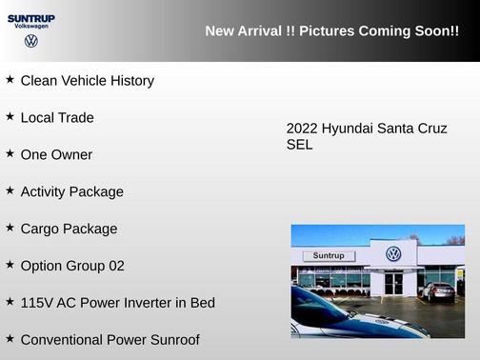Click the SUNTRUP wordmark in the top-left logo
pos(31,17)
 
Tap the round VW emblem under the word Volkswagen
pos(31,42)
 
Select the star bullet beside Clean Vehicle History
pos(10,79)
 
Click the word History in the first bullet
pos(129,81)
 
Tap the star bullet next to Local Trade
pos(10,116)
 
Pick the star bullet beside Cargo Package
pos(10,228)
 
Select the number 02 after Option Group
pos(114,266)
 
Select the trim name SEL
pos(299,146)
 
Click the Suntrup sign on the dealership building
pos(329,255)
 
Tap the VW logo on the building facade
pos(393,254)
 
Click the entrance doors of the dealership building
pos(393,283)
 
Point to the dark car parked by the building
pos(437,291)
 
